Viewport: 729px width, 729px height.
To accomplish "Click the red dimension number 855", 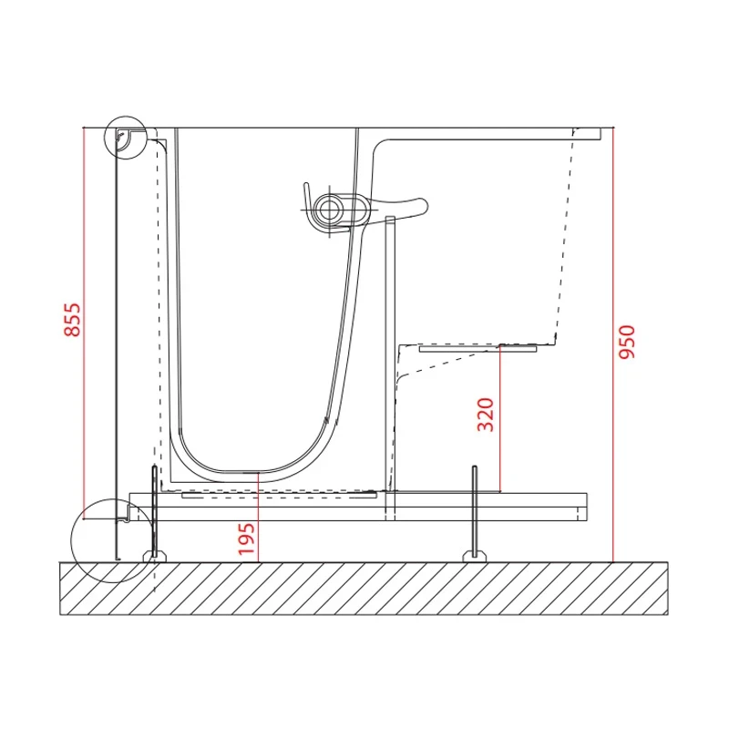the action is click(x=72, y=320).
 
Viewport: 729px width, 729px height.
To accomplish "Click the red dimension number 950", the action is click(x=627, y=342).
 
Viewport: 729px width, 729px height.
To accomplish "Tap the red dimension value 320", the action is click(x=486, y=415).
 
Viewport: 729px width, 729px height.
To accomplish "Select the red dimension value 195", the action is click(x=246, y=539).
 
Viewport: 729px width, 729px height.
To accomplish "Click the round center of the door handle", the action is click(x=329, y=209).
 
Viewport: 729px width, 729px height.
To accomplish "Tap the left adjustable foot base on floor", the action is click(x=154, y=556).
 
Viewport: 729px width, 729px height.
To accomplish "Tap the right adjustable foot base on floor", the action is click(x=474, y=556).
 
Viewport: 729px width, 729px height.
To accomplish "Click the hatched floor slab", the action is click(x=364, y=588).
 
